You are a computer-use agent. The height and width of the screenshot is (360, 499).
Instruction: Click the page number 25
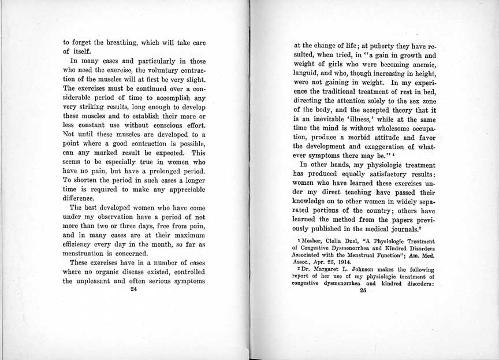click(363, 291)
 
